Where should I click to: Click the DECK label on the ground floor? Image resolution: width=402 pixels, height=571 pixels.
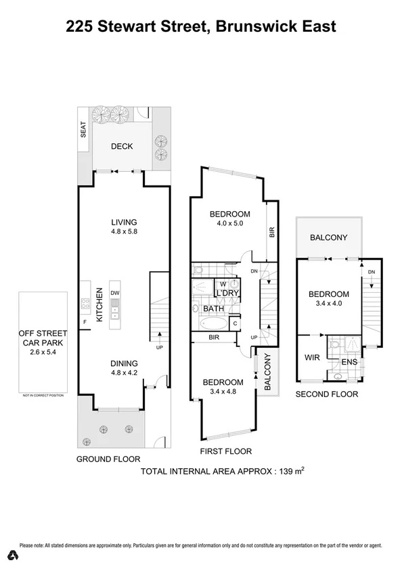point(122,147)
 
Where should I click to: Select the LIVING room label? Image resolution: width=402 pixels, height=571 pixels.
point(125,222)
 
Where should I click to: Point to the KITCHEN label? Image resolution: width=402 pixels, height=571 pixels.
point(99,304)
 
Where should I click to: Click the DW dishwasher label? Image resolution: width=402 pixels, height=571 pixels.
point(115,293)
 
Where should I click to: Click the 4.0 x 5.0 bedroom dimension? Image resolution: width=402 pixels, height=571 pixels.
point(229,223)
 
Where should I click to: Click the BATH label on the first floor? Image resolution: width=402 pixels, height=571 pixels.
point(214,309)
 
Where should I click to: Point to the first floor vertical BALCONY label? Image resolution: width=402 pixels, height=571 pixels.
point(267,372)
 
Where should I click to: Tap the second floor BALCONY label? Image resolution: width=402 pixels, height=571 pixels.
point(328,237)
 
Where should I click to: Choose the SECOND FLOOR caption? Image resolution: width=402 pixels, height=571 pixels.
point(326,394)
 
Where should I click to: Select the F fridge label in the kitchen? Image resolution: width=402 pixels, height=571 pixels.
point(85,322)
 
